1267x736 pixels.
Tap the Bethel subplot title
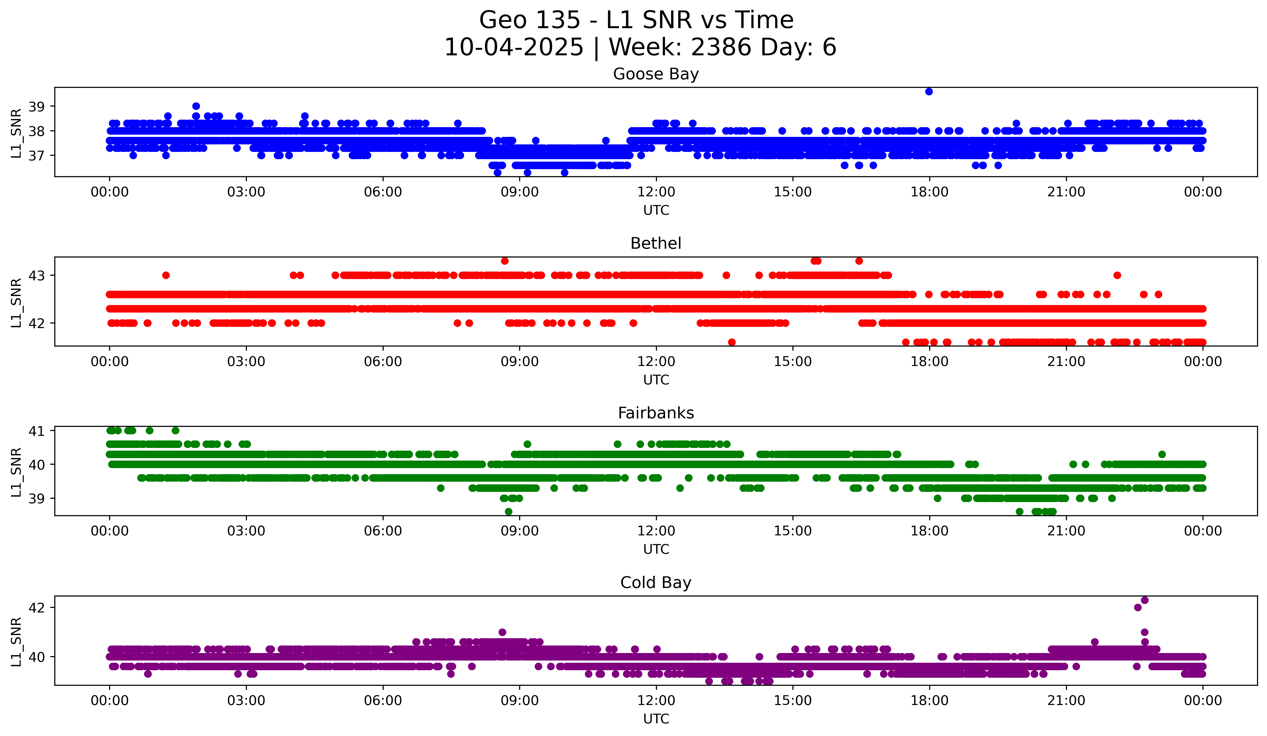pos(656,243)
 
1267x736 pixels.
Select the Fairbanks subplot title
pos(656,413)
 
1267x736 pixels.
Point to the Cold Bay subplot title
pos(656,583)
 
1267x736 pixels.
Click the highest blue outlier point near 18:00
pos(929,91)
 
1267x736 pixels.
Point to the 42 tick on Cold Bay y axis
pos(36,608)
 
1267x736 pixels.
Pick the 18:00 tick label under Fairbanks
pos(929,531)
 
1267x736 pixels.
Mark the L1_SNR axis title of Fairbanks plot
pos(16,472)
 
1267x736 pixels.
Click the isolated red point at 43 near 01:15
pos(166,275)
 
